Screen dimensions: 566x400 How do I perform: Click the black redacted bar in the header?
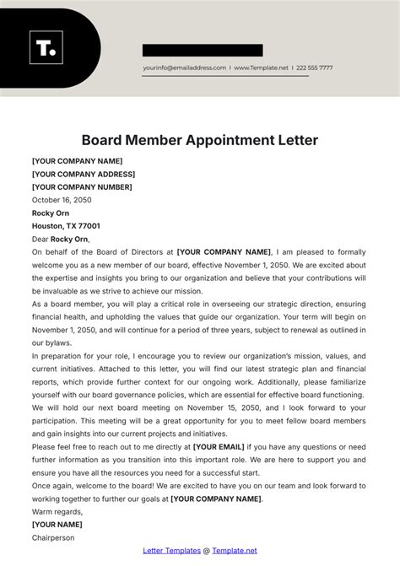(x=203, y=51)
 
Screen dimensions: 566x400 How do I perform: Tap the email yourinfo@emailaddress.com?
(x=185, y=67)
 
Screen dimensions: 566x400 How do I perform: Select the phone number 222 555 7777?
(x=314, y=67)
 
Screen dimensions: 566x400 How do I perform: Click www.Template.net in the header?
(x=262, y=67)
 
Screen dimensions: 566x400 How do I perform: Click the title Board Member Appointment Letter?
(x=200, y=140)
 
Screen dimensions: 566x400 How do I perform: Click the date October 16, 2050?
(x=62, y=200)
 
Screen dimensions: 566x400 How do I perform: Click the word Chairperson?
(x=53, y=537)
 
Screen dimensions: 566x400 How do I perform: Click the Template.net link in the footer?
(x=222, y=551)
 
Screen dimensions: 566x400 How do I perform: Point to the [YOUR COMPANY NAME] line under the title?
(x=77, y=161)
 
